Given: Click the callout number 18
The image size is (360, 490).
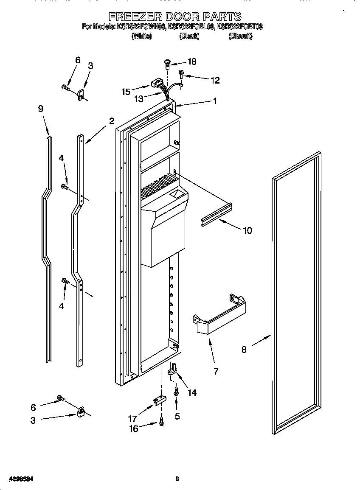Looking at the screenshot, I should (192, 62).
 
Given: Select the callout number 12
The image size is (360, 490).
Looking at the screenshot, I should (215, 80).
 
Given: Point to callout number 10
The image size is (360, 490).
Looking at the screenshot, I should (247, 230).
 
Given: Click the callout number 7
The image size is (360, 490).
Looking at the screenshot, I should (216, 372).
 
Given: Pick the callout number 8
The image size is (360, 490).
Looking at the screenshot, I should (244, 350).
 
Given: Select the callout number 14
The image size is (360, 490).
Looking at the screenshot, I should (192, 393).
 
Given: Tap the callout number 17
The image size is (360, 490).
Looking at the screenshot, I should (132, 418).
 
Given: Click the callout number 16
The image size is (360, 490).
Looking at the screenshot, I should (133, 429).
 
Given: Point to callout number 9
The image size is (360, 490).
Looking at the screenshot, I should (40, 109).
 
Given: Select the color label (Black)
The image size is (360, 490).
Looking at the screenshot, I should (189, 36).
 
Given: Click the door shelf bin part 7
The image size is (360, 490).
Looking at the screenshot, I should (220, 316).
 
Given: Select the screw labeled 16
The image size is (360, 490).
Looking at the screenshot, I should (161, 422).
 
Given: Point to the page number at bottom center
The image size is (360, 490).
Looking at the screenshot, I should (177, 479).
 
